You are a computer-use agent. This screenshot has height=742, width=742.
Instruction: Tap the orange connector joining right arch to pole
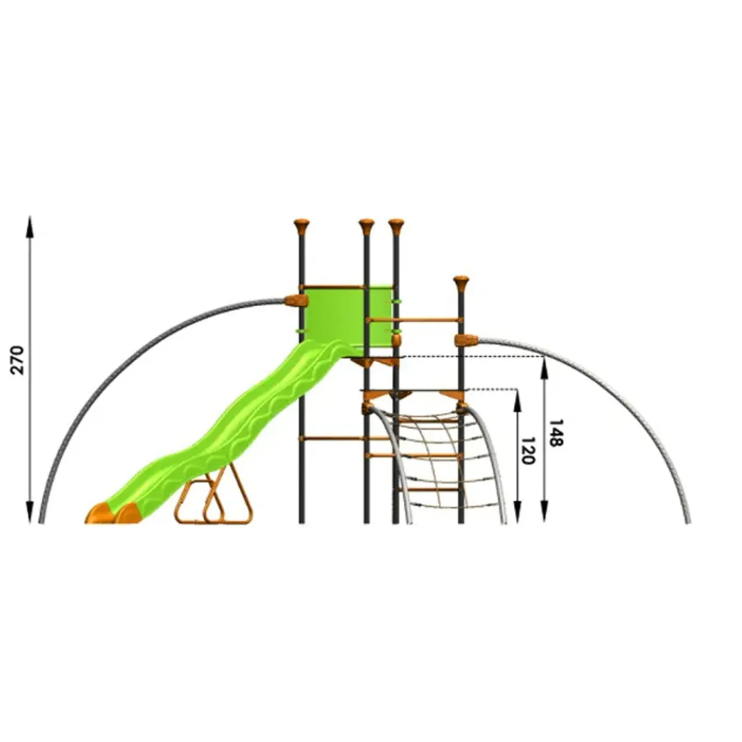click(x=466, y=340)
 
